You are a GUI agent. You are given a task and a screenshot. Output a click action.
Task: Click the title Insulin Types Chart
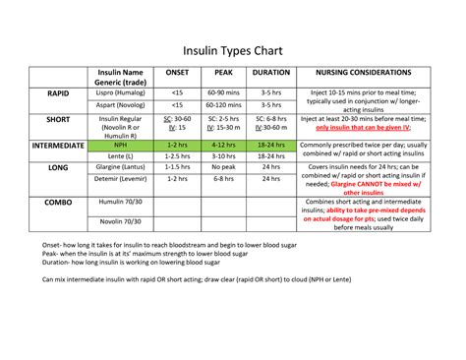[x=233, y=49]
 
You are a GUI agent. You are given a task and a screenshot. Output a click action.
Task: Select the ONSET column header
[x=177, y=73]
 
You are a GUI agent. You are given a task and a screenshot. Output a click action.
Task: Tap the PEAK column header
[x=223, y=73]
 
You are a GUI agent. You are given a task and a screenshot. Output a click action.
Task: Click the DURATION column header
[x=271, y=73]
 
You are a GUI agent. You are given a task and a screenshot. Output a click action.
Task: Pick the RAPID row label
[x=58, y=92]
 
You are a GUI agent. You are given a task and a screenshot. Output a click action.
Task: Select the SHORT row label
[x=58, y=118]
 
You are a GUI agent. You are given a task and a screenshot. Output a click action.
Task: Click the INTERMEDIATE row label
[x=58, y=145]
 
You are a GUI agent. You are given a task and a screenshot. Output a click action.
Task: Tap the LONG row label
[x=58, y=168]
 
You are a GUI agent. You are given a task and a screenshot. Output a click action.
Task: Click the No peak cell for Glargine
[x=223, y=168]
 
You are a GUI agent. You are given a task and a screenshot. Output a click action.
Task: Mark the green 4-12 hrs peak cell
[x=223, y=145]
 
